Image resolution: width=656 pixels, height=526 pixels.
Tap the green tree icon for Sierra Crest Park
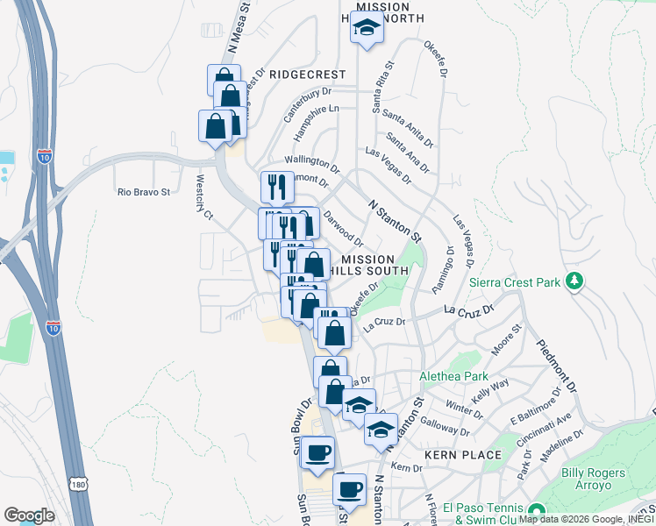coord(575,281)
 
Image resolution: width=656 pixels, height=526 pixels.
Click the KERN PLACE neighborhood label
coord(463,455)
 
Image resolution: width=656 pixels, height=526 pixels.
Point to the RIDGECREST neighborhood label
coord(308,75)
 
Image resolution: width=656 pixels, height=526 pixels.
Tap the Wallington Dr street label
coord(311,163)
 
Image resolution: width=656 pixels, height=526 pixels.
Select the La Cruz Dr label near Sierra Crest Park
coord(469,309)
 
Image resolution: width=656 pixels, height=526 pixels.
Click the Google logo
coord(29,515)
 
